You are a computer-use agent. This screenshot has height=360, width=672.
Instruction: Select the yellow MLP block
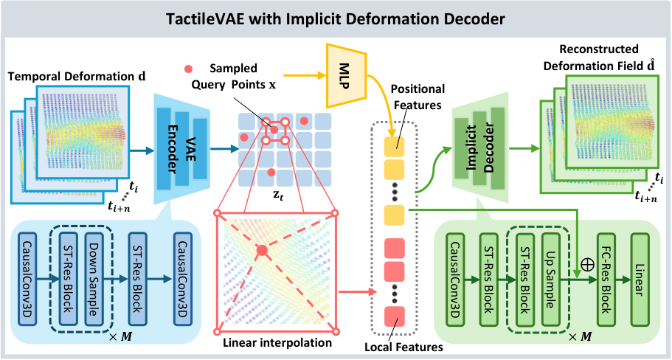[x=346, y=75]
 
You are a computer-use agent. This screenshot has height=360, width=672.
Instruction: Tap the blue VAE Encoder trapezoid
[x=182, y=149]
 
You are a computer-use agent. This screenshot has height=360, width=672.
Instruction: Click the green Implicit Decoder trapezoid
[x=480, y=148]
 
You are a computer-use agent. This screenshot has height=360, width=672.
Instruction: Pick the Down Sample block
[x=94, y=280]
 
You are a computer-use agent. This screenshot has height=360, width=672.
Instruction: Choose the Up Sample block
[x=550, y=280]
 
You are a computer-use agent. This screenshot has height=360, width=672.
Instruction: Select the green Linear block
[x=640, y=280]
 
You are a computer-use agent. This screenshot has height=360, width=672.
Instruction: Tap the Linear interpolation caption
[x=277, y=343]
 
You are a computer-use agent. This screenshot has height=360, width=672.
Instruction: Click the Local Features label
[x=403, y=347]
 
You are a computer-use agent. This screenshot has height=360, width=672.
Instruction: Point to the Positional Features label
[x=418, y=97]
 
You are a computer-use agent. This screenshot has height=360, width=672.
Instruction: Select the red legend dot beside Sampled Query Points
[x=188, y=69]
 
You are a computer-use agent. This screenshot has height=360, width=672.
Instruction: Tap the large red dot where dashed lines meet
[x=263, y=250]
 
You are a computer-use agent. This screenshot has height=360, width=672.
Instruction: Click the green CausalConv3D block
[x=455, y=280]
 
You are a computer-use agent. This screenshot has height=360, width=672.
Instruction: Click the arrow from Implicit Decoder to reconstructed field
[x=524, y=149]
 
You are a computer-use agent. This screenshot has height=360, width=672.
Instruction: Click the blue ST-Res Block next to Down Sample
[x=68, y=280]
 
